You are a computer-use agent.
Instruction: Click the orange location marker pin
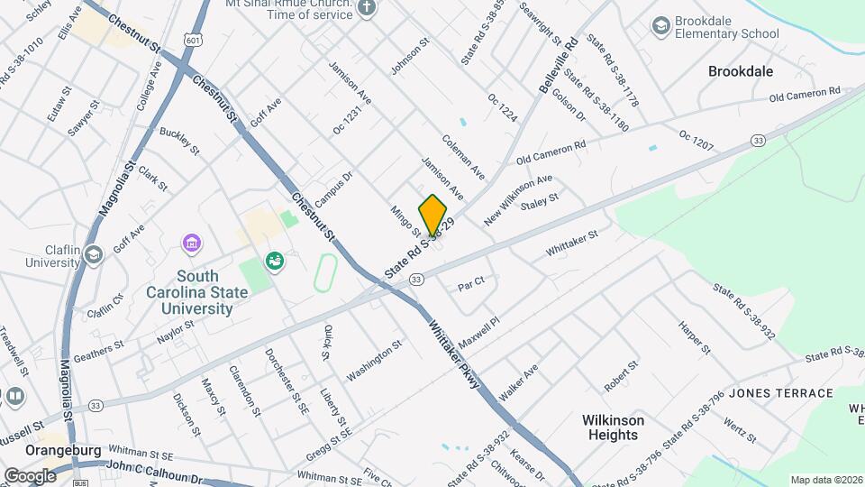pyautogui.click(x=432, y=216)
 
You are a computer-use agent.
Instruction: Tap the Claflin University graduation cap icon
pyautogui.click(x=94, y=254)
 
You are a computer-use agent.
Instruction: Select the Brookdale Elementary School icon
pyautogui.click(x=661, y=25)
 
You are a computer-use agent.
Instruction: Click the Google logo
pyautogui.click(x=30, y=475)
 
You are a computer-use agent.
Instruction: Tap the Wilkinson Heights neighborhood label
pyautogui.click(x=613, y=427)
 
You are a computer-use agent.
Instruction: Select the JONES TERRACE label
pyautogui.click(x=780, y=393)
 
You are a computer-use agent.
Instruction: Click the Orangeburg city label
pyautogui.click(x=37, y=450)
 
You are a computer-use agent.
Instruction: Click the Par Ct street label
pyautogui.click(x=471, y=281)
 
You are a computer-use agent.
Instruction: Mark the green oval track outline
pyautogui.click(x=325, y=271)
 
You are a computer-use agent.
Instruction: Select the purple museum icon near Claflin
pyautogui.click(x=191, y=243)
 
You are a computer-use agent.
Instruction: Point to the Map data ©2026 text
pyautogui.click(x=826, y=480)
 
